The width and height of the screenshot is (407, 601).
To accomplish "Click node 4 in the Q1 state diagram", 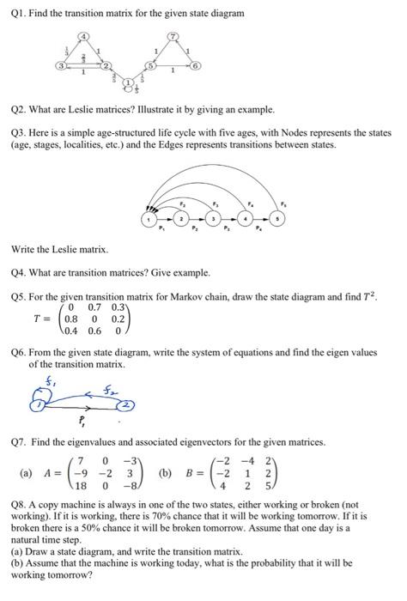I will coord(83,36).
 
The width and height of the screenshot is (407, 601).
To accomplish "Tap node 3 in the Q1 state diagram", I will coord(59,65).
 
